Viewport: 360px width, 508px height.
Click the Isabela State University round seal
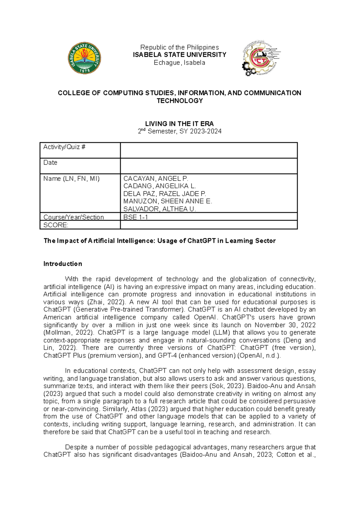pos(84,58)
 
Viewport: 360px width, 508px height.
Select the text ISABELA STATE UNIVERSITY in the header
pos(179,55)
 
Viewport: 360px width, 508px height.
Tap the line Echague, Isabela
pos(179,63)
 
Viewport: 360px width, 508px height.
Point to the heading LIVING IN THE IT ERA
pos(179,124)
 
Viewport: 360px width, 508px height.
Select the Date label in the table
pos(50,163)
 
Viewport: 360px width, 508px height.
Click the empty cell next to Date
pos(208,166)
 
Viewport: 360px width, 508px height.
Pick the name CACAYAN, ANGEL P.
pos(156,179)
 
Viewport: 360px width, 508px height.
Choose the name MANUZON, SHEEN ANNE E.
pos(167,201)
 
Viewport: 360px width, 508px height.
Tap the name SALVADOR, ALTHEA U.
pos(159,209)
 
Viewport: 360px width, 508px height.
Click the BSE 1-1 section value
pos(136,217)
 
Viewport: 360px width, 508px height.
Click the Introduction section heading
pos(63,264)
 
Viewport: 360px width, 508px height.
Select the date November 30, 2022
pos(285,325)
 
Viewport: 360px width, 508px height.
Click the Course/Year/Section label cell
pos(73,217)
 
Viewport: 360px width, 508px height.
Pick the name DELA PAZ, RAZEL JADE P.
pos(164,194)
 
